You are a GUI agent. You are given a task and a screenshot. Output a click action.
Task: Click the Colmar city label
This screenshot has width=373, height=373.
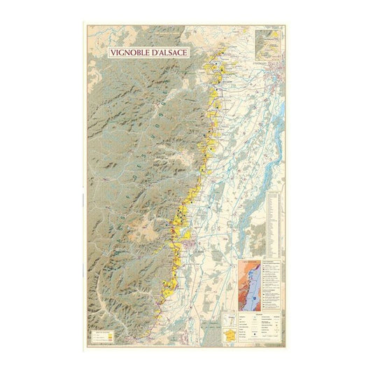pos(200,250)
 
